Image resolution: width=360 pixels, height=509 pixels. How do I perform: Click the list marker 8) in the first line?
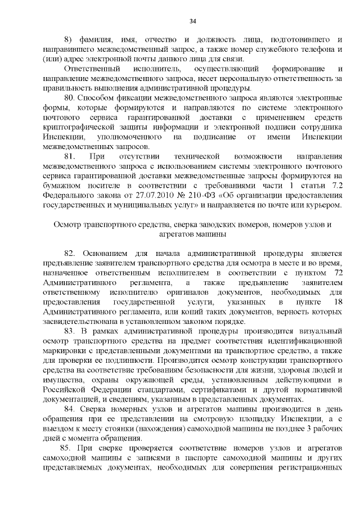69,40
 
